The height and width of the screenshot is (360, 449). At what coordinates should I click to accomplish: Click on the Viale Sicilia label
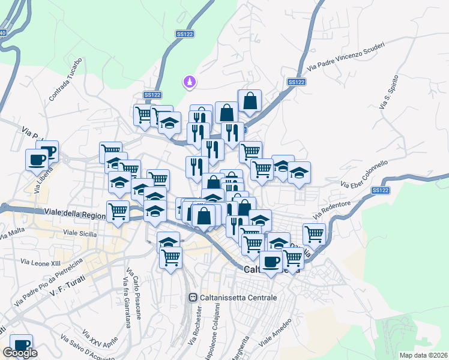click(x=80, y=232)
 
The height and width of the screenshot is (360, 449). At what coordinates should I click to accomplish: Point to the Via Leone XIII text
click(x=41, y=262)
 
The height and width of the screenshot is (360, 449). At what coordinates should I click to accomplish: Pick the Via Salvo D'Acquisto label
click(x=83, y=350)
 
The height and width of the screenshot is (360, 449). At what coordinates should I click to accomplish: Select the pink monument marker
click(x=190, y=82)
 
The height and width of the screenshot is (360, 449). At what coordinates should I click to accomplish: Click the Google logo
click(x=20, y=353)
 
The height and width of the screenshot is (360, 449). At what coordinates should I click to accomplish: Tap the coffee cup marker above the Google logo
click(x=22, y=344)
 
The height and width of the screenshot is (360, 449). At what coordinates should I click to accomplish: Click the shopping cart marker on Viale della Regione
click(x=118, y=211)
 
